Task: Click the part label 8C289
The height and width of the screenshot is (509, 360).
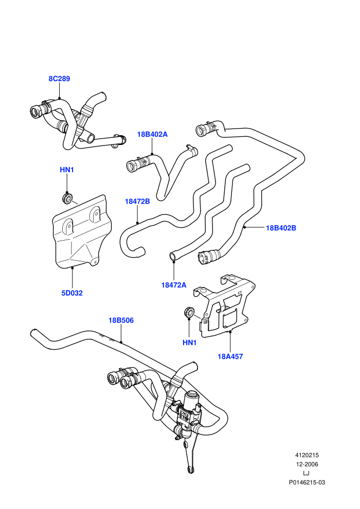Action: [60, 79]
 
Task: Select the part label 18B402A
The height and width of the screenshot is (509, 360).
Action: [152, 134]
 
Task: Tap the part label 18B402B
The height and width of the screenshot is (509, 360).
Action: [281, 228]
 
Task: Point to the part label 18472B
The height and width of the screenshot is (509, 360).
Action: [137, 201]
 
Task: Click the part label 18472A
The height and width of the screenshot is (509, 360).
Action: [174, 285]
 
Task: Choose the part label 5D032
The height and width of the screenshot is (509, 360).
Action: [72, 293]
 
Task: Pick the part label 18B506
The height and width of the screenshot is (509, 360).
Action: [121, 320]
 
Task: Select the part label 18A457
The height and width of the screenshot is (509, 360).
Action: [230, 356]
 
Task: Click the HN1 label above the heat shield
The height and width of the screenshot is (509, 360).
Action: [67, 170]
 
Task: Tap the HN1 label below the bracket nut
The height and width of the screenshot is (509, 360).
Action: [190, 342]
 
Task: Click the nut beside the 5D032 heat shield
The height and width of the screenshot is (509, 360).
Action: [67, 198]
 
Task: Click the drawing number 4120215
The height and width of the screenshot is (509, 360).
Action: [307, 455]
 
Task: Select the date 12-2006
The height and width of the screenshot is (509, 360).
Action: [307, 464]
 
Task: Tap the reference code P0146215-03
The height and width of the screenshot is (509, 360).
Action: [307, 482]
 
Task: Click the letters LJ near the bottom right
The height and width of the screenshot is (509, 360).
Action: [306, 474]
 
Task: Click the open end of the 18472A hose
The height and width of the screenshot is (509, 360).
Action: [172, 256]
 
